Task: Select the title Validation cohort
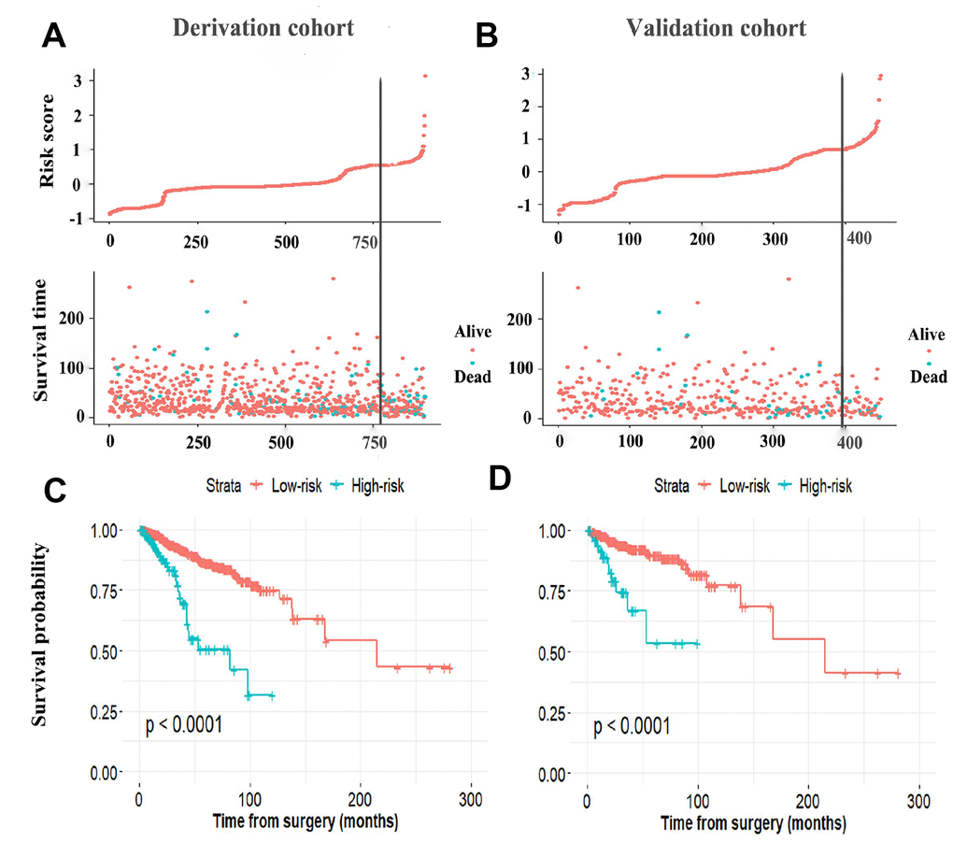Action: (716, 27)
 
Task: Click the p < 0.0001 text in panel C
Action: (183, 723)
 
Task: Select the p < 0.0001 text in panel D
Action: (632, 725)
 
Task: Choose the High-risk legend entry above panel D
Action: (823, 485)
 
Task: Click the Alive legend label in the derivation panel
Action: (473, 331)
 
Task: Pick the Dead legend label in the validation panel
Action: (928, 377)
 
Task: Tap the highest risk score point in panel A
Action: (425, 76)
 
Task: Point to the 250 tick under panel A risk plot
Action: (196, 241)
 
